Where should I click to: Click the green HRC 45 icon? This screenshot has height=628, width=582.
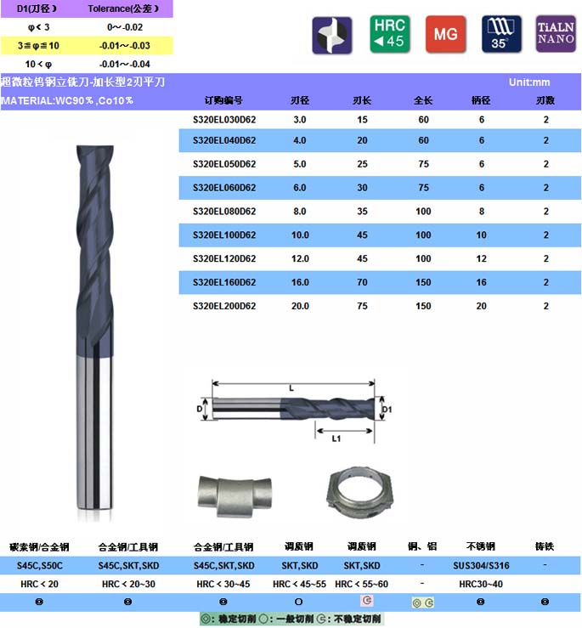tap(390, 34)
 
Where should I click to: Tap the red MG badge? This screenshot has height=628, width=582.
tap(445, 34)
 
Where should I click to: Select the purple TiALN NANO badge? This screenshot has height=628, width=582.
tap(556, 34)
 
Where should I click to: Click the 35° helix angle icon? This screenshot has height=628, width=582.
tap(501, 34)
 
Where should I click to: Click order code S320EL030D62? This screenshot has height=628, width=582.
tap(224, 120)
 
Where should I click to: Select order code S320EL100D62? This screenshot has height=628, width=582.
tap(224, 235)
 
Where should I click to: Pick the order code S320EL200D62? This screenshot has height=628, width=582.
tap(224, 306)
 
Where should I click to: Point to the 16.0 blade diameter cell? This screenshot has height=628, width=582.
tap(300, 282)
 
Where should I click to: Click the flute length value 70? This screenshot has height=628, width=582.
tap(362, 282)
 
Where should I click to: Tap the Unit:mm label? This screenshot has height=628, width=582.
tap(529, 82)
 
